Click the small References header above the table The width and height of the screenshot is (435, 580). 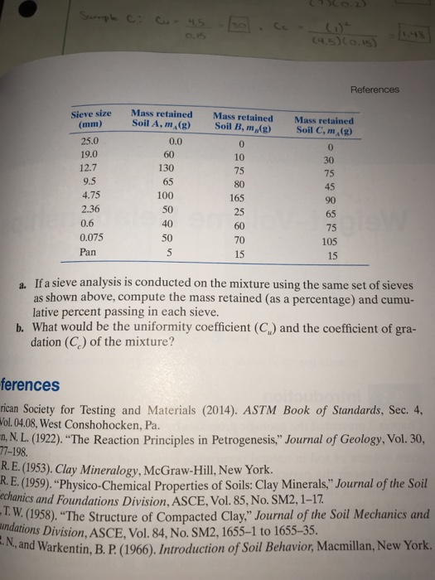(x=375, y=89)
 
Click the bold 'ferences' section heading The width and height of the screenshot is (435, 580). (x=30, y=384)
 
